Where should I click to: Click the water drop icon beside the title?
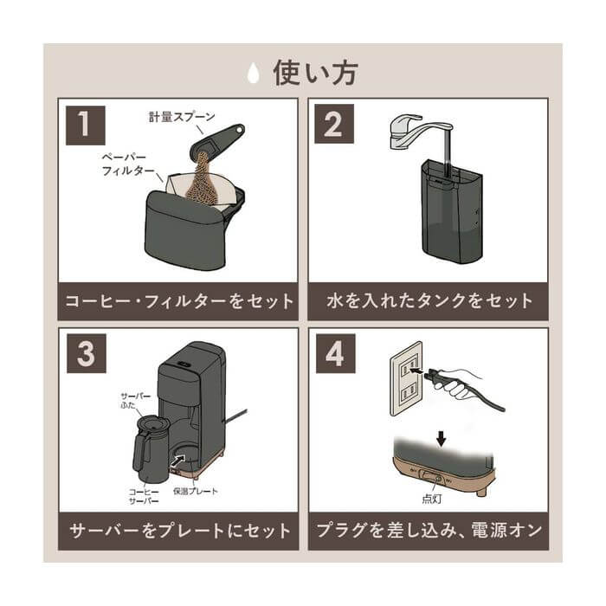(x=253, y=74)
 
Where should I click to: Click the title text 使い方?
(x=314, y=73)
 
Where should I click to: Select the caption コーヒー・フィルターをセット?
(x=178, y=302)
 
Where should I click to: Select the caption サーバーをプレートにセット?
(x=178, y=530)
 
